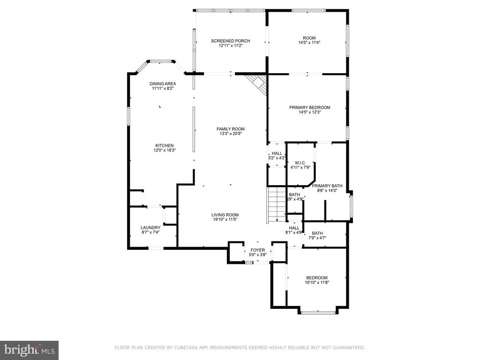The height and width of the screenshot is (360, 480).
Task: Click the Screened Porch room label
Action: [230, 41]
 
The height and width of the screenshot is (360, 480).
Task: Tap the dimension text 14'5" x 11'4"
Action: [309, 43]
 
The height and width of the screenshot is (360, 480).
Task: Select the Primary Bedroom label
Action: [309, 107]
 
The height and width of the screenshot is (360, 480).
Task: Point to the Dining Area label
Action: [163, 84]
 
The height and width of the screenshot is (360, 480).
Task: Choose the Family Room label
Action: [230, 129]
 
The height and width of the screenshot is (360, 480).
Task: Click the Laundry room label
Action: [150, 228]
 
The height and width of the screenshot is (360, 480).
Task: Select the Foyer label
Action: [257, 250]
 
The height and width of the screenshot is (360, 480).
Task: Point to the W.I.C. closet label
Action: [300, 163]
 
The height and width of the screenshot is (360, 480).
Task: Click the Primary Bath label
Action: [327, 186]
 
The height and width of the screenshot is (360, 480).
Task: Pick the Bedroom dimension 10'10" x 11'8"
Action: [317, 282]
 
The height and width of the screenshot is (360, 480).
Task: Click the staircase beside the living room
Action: [277, 204]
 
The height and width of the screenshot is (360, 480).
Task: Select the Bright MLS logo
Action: [29, 350]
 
